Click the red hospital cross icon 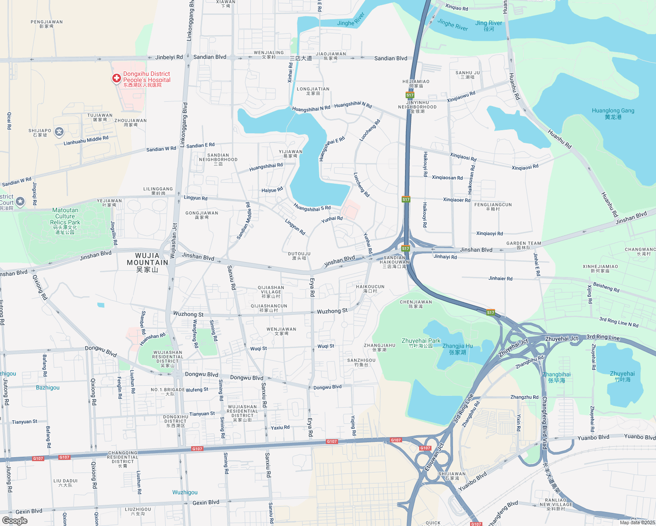click(116, 78)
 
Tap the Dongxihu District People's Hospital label click(146, 79)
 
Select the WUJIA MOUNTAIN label click(147, 262)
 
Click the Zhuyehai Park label click(421, 341)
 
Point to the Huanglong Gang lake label click(613, 114)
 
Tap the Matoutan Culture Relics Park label click(65, 221)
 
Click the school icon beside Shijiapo click(59, 131)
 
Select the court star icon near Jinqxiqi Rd click(20, 202)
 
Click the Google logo click(14, 520)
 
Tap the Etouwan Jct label click(434, 456)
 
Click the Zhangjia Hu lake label click(457, 349)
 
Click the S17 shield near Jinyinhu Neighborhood click(410, 95)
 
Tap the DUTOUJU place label click(299, 256)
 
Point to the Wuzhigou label click(185, 492)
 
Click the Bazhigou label click(47, 387)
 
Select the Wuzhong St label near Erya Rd click(332, 311)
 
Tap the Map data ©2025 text click(637, 522)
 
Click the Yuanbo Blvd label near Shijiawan click(472, 481)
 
